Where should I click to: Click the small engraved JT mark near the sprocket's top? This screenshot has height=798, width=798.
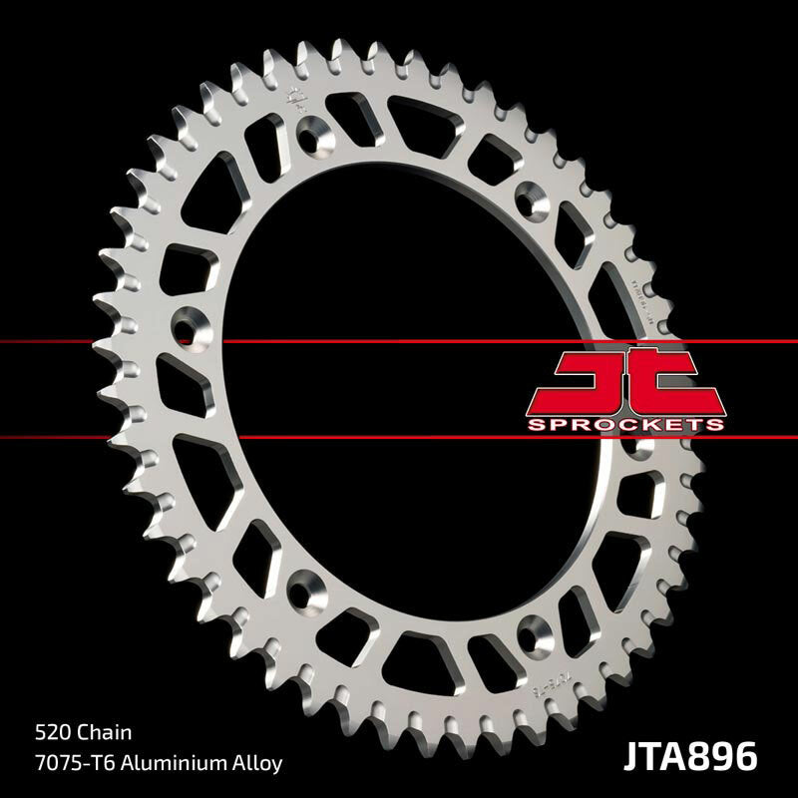click(x=295, y=99)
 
